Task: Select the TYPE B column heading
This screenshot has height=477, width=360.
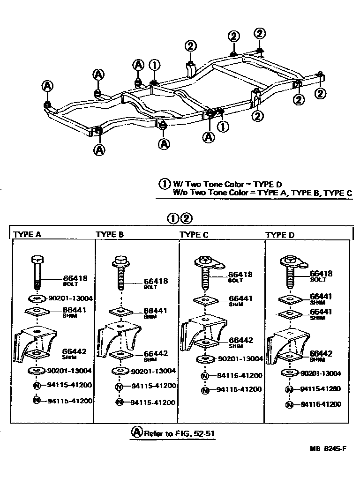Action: click(x=110, y=234)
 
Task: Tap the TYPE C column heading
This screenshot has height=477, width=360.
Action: click(x=194, y=234)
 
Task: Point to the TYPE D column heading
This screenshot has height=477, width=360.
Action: click(x=280, y=234)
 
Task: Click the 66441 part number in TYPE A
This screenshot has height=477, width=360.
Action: click(x=75, y=310)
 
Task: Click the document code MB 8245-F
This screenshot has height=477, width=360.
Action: click(x=328, y=448)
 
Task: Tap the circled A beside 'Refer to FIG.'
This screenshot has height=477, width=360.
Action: click(x=136, y=432)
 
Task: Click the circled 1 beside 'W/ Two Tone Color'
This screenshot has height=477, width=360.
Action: click(x=164, y=184)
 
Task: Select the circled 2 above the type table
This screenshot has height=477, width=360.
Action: click(x=186, y=218)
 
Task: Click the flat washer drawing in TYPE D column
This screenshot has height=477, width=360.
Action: click(x=289, y=373)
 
